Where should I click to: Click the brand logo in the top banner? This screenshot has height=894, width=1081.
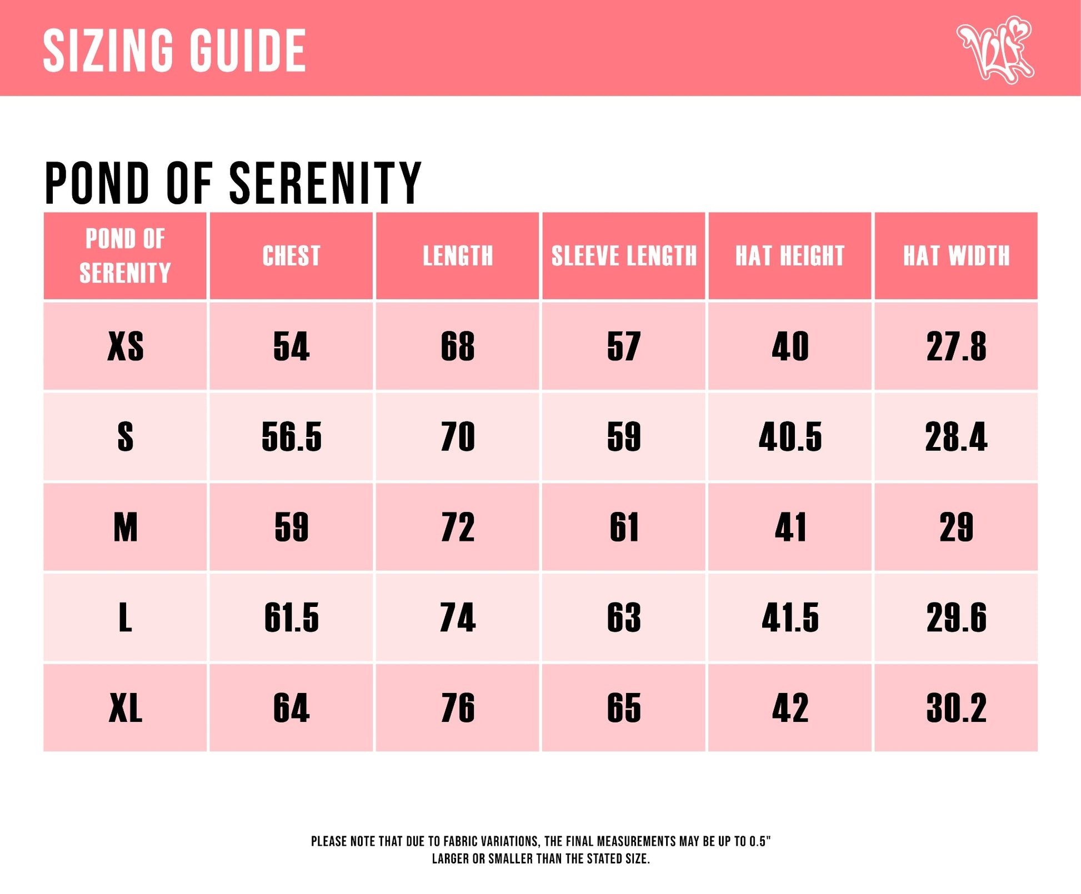(x=995, y=49)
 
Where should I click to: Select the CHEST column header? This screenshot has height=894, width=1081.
(x=291, y=256)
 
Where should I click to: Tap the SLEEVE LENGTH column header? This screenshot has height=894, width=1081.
(x=624, y=256)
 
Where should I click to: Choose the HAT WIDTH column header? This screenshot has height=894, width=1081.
(x=956, y=256)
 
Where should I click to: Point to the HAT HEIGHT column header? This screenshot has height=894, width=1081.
(x=790, y=256)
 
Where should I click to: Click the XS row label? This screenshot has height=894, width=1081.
(x=126, y=346)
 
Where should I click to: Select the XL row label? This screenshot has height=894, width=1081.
(x=126, y=708)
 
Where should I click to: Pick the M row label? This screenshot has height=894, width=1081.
(x=126, y=527)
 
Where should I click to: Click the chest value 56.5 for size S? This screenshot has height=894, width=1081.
(x=291, y=437)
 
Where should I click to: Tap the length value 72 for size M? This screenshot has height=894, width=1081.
(x=458, y=527)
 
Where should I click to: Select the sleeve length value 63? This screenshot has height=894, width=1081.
(x=624, y=617)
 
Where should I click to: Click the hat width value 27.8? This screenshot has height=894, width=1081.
(x=956, y=346)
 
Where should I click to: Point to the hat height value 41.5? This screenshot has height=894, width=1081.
(x=790, y=617)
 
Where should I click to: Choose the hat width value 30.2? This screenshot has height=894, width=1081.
(x=956, y=708)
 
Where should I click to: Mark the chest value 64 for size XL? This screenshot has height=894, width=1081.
(x=291, y=708)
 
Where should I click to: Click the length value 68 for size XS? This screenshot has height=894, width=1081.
(x=458, y=346)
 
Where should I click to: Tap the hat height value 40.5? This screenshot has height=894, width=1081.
(x=790, y=437)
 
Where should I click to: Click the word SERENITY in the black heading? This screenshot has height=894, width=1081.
(x=326, y=183)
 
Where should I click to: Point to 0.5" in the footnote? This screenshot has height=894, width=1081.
(x=759, y=841)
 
